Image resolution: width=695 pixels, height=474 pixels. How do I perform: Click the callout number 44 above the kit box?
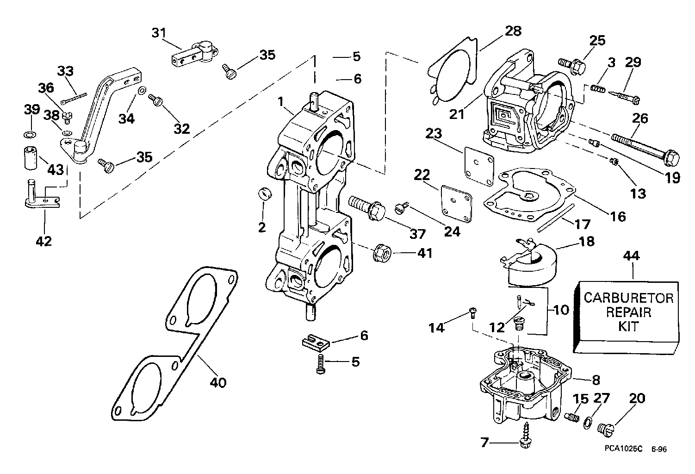click(x=632, y=256)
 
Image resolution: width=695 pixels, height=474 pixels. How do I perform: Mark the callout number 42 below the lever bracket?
click(x=44, y=241)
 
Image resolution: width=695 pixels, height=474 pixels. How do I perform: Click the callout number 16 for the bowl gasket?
click(x=618, y=216)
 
